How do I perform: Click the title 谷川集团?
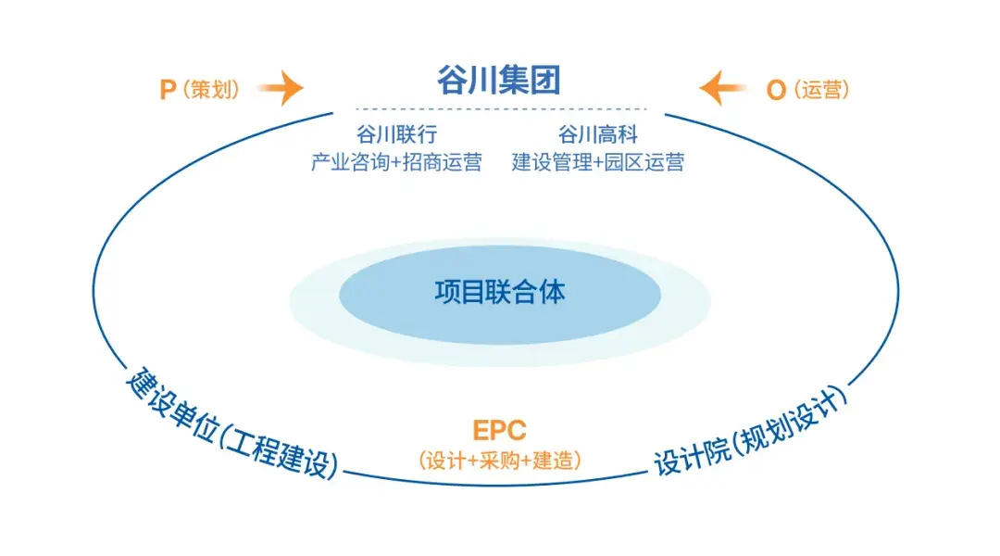coord(499,81)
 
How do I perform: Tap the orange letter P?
coord(168,90)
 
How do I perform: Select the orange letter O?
coord(776,90)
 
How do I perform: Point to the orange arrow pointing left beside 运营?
coord(723,89)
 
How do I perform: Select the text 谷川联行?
coord(395,135)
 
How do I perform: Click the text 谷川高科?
coord(598,135)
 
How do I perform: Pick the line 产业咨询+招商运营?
coord(395,163)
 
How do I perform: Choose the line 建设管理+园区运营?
coord(598,163)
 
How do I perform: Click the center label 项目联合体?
coord(499,293)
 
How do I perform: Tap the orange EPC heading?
coord(499,431)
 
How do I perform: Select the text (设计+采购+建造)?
coord(499,460)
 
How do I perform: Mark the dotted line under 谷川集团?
coord(499,109)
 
